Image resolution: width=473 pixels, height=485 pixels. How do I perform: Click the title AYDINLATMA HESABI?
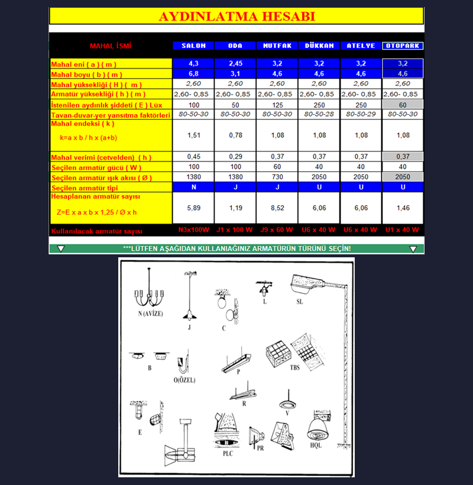[237, 16]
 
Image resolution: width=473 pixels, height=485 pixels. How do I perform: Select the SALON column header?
[193, 46]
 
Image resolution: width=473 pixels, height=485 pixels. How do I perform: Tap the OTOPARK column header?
[403, 46]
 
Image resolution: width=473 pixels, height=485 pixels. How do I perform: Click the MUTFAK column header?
[277, 46]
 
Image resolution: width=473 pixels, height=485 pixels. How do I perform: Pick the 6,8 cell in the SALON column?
[193, 74]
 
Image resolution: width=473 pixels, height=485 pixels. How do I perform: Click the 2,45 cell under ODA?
[235, 64]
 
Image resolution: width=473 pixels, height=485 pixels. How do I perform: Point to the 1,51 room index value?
[193, 135]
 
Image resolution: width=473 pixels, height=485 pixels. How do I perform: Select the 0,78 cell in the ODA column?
[235, 135]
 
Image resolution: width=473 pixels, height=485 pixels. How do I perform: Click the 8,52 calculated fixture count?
[277, 208]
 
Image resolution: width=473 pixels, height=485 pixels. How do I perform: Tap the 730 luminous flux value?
[277, 177]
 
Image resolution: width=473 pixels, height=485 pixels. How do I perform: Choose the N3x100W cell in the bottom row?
[193, 229]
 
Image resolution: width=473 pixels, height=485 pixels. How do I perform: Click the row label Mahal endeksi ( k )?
[83, 124]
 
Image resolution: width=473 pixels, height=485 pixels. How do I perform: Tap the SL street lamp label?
[300, 301]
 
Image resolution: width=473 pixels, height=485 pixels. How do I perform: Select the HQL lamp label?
[315, 445]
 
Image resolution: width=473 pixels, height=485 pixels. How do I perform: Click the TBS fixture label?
[294, 367]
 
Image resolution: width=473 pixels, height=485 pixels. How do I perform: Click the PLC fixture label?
[228, 454]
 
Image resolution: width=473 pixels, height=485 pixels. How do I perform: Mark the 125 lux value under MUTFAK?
[277, 104]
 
